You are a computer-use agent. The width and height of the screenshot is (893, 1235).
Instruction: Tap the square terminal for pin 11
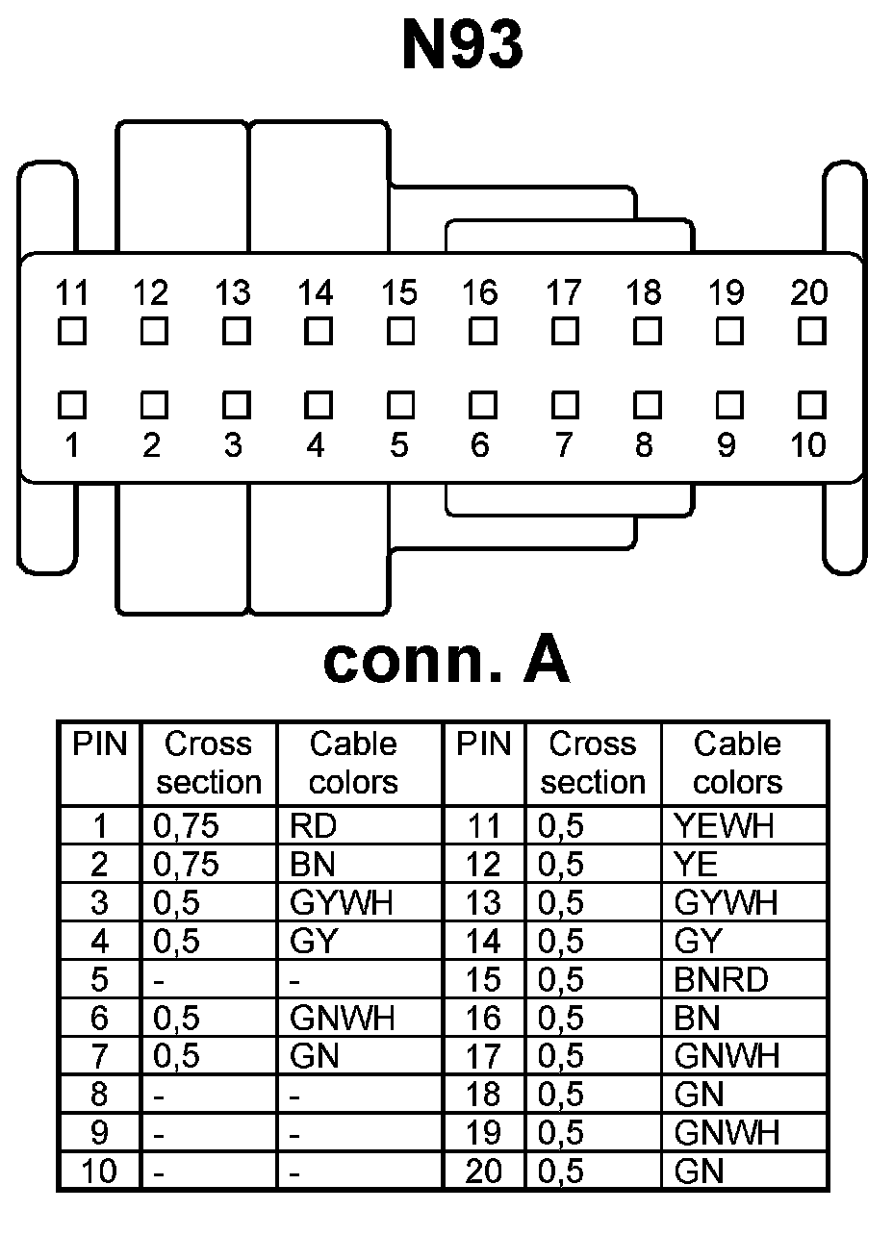71,332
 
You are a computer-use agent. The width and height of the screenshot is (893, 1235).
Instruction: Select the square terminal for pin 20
811,332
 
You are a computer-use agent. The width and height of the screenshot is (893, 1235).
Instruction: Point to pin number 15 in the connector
399,291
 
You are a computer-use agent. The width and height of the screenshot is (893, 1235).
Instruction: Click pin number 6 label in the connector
480,445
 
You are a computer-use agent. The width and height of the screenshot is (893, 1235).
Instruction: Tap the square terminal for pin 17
565,332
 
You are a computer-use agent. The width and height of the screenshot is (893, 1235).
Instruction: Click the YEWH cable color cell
724,826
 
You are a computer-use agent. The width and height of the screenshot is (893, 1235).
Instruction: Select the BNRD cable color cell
721,980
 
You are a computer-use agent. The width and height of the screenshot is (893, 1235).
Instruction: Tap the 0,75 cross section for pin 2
186,865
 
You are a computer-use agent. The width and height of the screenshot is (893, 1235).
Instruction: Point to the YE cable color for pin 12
696,865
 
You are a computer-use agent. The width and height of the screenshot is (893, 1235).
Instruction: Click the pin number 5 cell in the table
99,980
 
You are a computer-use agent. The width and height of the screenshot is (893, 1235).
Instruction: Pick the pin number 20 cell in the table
483,1172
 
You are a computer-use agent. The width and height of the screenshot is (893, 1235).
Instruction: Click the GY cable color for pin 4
313,942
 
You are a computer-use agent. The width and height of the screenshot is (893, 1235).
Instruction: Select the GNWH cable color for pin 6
342,1019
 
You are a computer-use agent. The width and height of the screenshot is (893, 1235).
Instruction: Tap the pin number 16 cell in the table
483,1019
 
